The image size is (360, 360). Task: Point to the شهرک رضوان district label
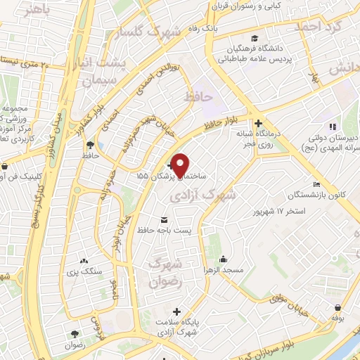tap(167, 274)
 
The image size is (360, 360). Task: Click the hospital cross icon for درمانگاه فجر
tap(259, 121)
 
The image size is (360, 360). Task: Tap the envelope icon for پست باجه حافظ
tap(165, 219)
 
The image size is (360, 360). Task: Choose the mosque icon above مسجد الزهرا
tap(224, 259)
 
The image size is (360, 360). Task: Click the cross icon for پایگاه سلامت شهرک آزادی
tap(176, 311)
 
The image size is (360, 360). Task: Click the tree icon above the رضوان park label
tap(74, 334)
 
